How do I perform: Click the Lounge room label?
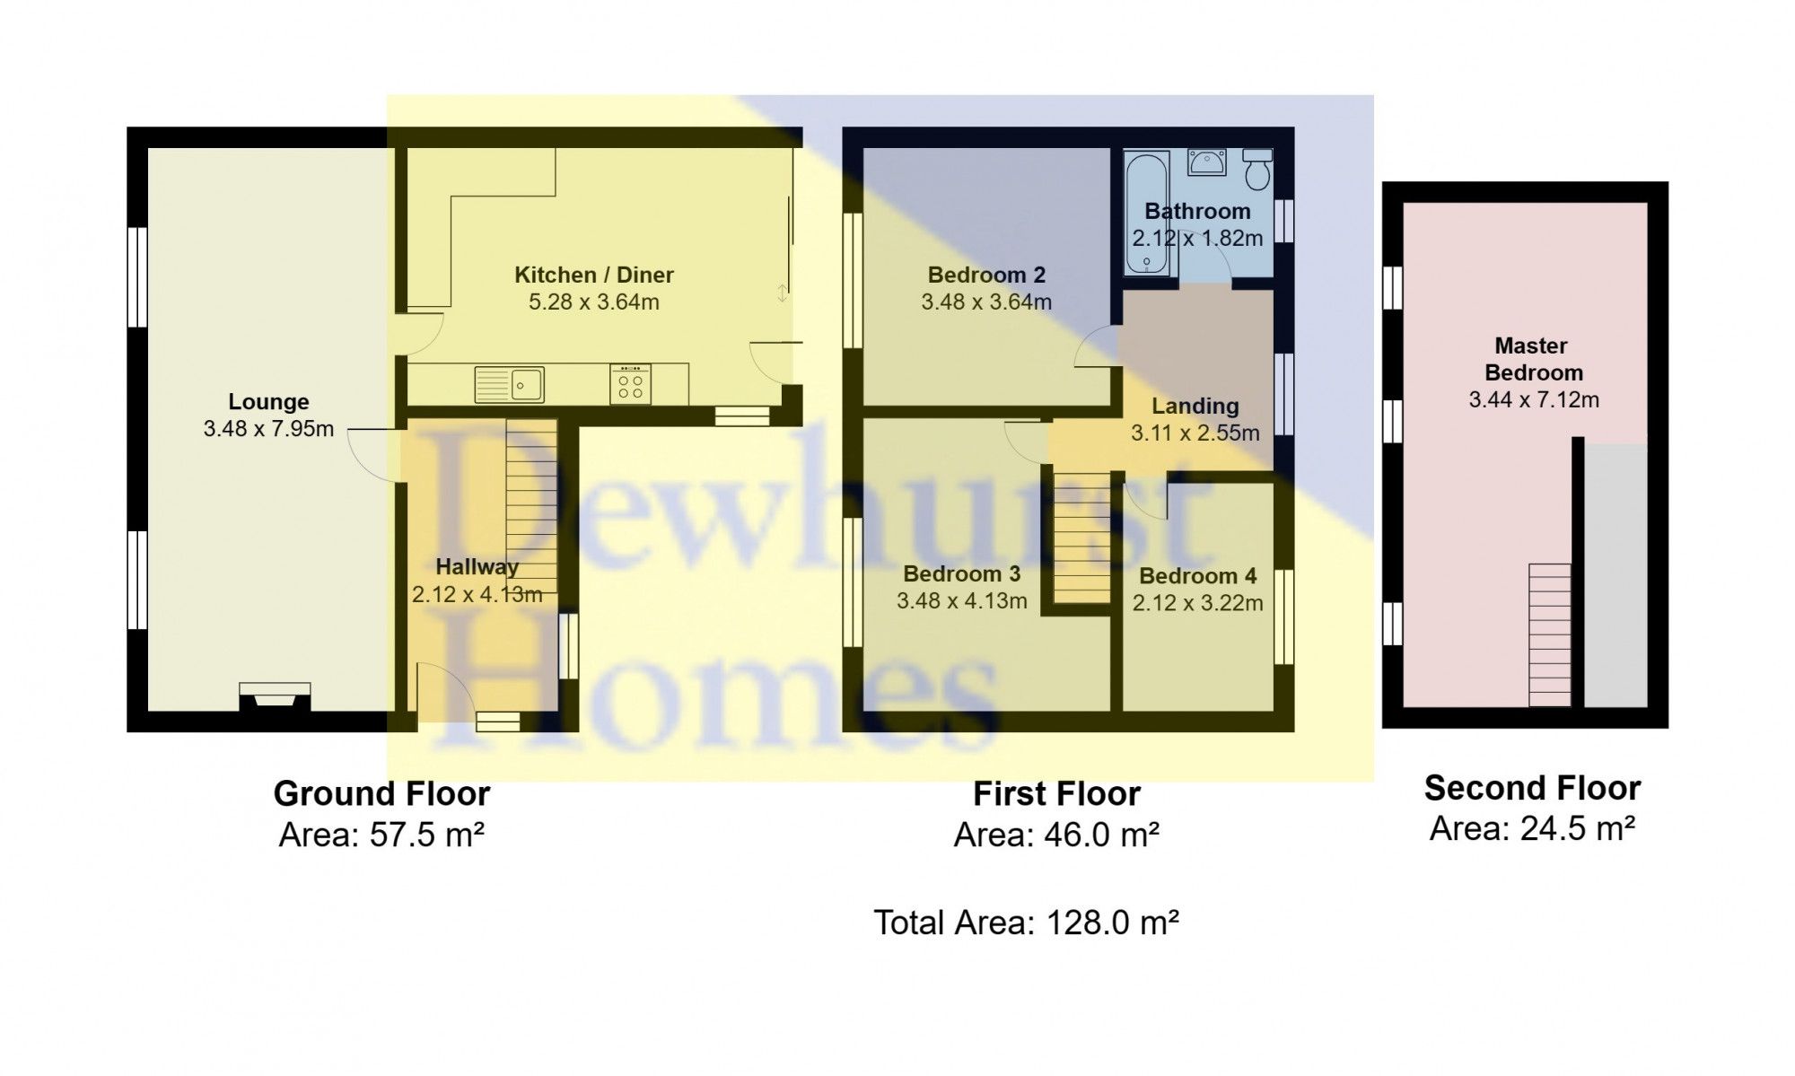268,402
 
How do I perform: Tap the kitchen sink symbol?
509,384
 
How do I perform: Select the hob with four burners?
630,384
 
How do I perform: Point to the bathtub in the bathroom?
1147,212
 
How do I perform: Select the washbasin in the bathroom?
1207,162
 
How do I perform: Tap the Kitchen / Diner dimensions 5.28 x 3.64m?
593,302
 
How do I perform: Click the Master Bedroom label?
1533,359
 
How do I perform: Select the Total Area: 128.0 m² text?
1026,923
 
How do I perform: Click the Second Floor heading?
1532,788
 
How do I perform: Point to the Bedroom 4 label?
1197,576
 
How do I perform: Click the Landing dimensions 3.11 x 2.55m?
1195,433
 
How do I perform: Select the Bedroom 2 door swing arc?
1095,346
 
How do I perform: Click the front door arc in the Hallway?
444,691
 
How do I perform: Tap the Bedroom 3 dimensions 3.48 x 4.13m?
961,601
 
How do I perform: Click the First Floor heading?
1056,794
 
